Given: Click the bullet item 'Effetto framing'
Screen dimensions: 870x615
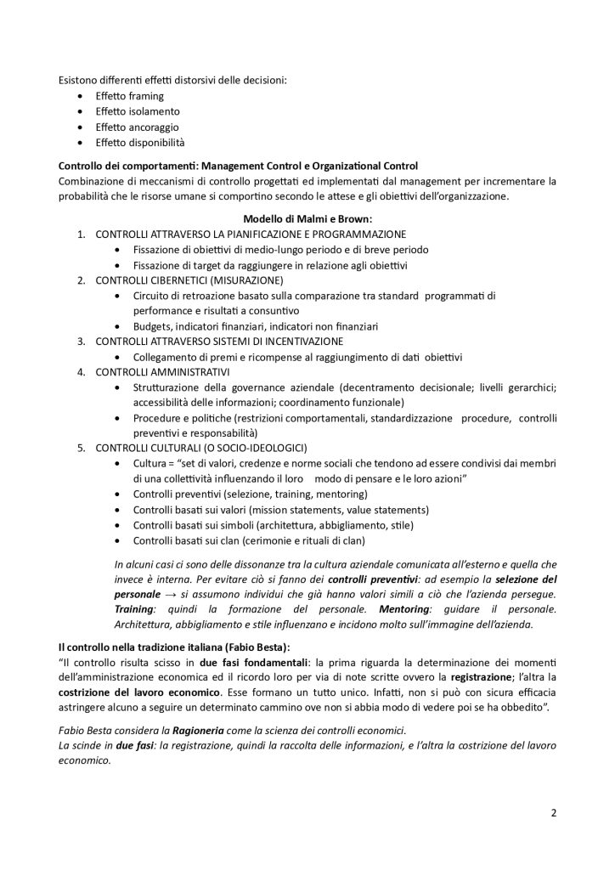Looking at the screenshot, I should click(129, 96).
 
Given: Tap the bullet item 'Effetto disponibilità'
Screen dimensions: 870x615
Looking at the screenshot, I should click(139, 142).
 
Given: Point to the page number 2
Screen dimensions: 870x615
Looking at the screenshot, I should click(553, 811).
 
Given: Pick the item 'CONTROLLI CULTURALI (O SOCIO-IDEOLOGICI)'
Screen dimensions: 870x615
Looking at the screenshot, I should click(200, 448).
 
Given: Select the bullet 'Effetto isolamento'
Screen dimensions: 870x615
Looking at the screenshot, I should click(136, 111).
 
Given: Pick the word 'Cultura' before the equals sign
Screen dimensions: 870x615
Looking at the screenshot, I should click(150, 463).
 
